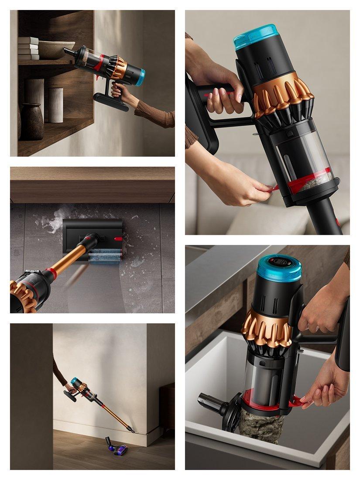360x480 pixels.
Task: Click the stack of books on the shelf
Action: click(x=28, y=48)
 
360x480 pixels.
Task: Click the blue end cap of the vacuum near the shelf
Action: click(x=141, y=77)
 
